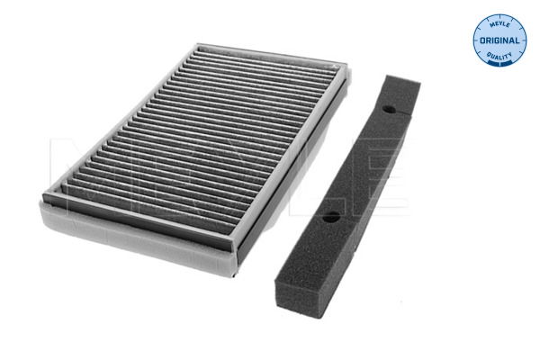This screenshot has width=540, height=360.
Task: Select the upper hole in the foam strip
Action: [x=389, y=109]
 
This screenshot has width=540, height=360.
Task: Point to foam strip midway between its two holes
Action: [x=359, y=163]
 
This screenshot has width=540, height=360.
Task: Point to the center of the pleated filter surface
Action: [x=193, y=139]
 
